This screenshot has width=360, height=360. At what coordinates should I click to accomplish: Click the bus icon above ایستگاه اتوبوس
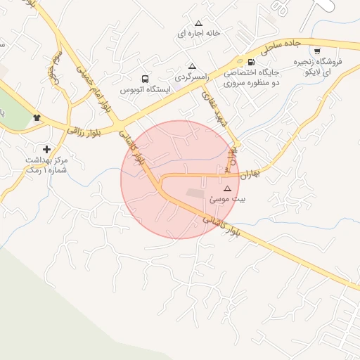point(145,79)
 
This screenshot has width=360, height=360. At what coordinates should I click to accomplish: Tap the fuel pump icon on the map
point(251,62)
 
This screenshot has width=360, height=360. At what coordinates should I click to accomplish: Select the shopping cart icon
point(318,51)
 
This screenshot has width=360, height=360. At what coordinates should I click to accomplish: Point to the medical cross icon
point(46,149)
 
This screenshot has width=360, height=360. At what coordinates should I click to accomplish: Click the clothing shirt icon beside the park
point(37,117)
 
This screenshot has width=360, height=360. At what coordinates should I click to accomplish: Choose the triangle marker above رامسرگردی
point(191,65)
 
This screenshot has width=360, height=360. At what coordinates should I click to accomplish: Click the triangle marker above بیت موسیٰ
point(226,188)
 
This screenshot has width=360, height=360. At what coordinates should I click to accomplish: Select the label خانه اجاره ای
point(198,34)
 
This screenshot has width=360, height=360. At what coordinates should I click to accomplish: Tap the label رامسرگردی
point(191,76)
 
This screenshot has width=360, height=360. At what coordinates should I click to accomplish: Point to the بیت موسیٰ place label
point(226,200)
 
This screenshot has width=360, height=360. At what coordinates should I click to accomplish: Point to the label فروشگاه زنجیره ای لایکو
point(321,67)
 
